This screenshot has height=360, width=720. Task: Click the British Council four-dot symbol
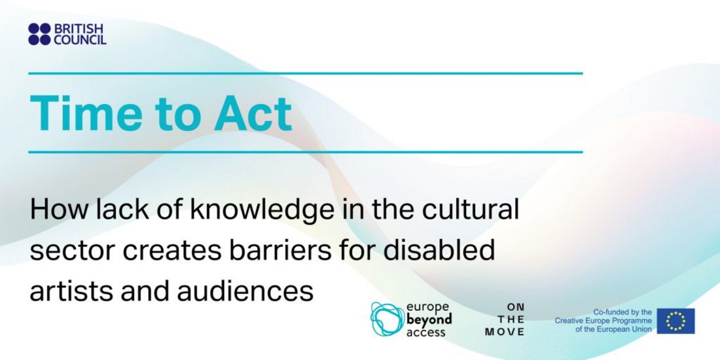(39, 34)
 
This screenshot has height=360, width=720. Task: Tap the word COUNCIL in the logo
(81, 39)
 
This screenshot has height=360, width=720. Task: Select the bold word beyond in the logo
(429, 319)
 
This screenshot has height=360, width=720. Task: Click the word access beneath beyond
(425, 332)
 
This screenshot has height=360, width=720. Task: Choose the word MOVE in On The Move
(505, 332)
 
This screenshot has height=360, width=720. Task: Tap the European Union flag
(675, 321)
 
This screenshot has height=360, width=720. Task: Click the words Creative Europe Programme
(603, 321)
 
